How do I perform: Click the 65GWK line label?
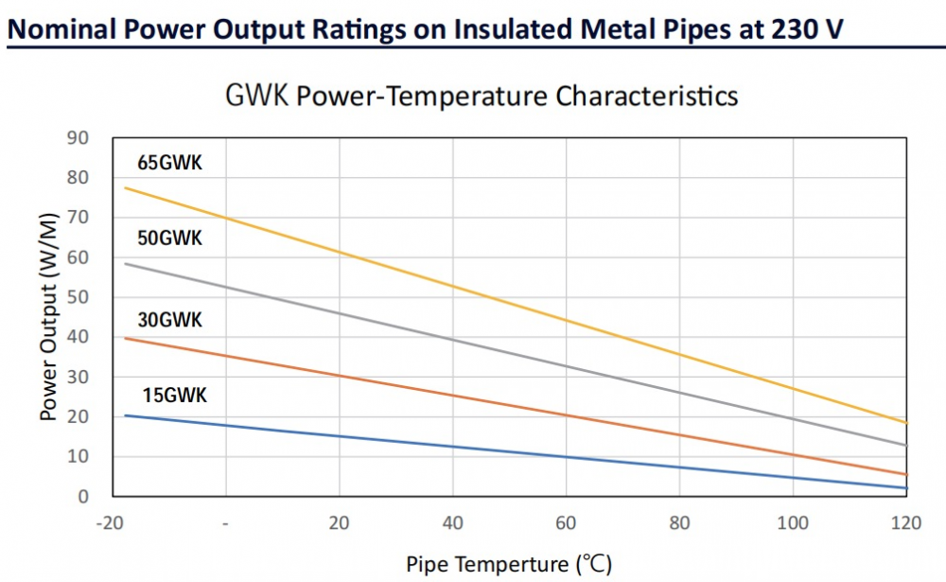169,164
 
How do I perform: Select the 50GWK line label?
169,238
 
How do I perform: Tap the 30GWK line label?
169,320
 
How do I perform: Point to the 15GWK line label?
174,396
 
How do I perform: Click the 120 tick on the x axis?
905,523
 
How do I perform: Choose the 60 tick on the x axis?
566,523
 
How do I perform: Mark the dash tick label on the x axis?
226,523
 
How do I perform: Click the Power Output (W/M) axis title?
49,317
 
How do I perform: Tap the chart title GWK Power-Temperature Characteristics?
482,96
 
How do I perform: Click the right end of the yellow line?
906,422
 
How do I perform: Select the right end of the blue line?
906,487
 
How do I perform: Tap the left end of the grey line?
125,263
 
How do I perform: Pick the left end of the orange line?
125,338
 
